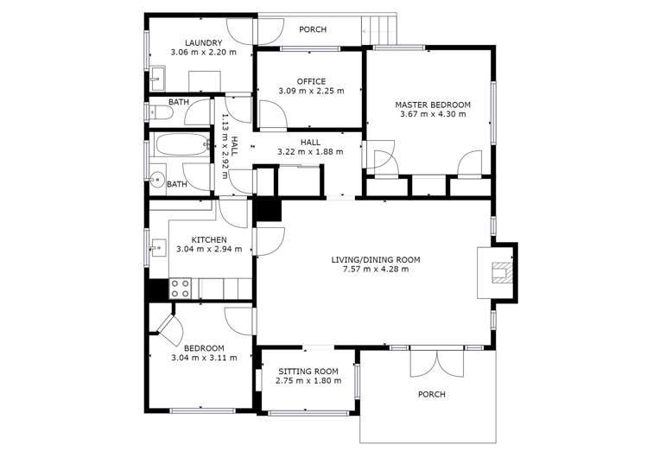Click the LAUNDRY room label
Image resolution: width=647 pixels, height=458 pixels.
click(203, 42)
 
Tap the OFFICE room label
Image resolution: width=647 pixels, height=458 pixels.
click(311, 81)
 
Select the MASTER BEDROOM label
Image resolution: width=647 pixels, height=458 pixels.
click(433, 104)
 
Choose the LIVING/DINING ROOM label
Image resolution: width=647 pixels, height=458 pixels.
click(375, 259)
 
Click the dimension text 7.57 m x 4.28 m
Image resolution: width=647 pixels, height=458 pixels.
click(375, 270)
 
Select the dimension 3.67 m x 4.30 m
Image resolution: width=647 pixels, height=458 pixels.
click(433, 114)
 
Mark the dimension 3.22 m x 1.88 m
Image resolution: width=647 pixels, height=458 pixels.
click(310, 152)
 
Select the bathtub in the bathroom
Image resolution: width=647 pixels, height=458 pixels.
click(181, 147)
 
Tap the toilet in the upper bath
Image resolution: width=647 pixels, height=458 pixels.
click(162, 112)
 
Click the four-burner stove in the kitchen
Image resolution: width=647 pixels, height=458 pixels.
click(181, 288)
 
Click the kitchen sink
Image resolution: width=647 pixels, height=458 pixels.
click(158, 249)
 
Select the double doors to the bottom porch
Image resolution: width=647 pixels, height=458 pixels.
click(429, 363)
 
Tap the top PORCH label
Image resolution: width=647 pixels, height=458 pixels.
click(312, 29)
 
